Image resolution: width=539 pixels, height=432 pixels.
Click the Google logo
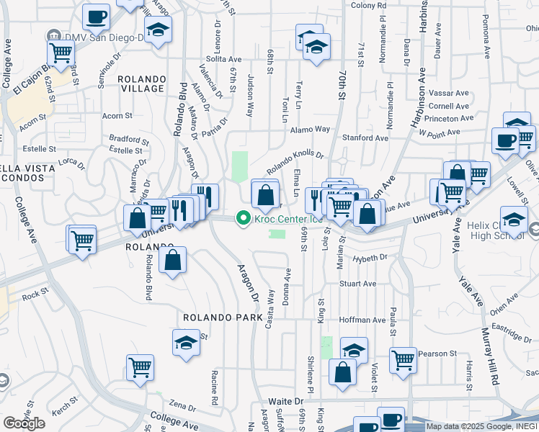tap(24, 423)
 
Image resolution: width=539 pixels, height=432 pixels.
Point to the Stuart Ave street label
tap(358, 284)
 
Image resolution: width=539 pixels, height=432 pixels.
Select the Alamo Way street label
tap(310, 129)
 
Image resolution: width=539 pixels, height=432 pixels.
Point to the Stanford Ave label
tap(365, 138)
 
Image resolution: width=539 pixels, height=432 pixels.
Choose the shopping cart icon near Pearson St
tap(404, 359)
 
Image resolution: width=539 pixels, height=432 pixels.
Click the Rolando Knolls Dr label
tap(295, 159)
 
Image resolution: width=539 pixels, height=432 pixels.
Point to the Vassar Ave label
tap(449, 93)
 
